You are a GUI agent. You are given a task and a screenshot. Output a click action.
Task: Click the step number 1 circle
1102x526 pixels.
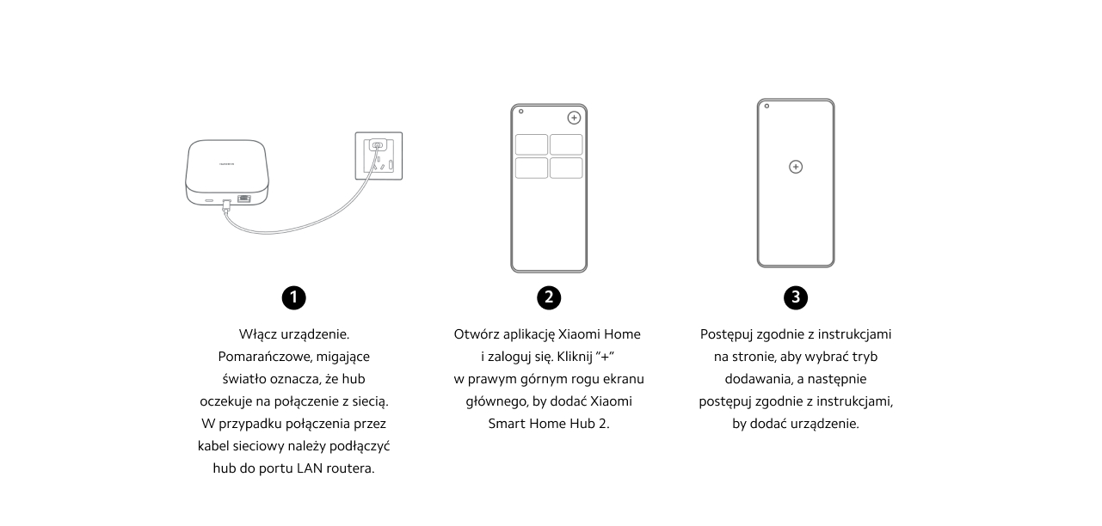click(x=293, y=297)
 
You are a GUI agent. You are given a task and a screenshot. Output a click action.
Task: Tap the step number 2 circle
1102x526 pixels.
click(x=548, y=297)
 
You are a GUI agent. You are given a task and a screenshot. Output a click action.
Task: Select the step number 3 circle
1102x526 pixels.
click(x=796, y=297)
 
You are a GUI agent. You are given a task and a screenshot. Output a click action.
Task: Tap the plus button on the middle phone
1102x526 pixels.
click(x=574, y=118)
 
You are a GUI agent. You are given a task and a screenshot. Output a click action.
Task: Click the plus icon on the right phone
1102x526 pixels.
click(x=796, y=167)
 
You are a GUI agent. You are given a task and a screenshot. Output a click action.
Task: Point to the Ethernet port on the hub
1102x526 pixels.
click(x=244, y=199)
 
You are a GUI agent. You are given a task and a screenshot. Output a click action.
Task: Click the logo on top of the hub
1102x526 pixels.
click(x=227, y=161)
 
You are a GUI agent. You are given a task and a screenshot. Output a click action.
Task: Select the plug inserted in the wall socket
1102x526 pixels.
click(x=377, y=147)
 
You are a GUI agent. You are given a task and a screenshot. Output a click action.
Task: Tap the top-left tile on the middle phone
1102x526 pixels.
click(x=532, y=144)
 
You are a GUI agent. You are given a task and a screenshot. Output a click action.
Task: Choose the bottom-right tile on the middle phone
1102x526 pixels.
click(x=566, y=168)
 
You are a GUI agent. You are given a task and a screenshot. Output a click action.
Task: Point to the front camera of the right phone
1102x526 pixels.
click(x=766, y=107)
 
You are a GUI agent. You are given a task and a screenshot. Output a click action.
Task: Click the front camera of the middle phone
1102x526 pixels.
click(x=520, y=112)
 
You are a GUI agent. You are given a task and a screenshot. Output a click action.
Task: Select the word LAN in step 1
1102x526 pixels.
click(x=311, y=468)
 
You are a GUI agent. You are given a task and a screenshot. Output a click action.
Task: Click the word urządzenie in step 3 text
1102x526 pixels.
click(x=820, y=423)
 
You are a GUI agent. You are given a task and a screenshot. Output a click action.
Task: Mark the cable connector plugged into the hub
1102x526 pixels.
click(x=226, y=205)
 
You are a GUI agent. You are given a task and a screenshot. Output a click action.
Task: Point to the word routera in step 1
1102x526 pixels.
click(x=351, y=468)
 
